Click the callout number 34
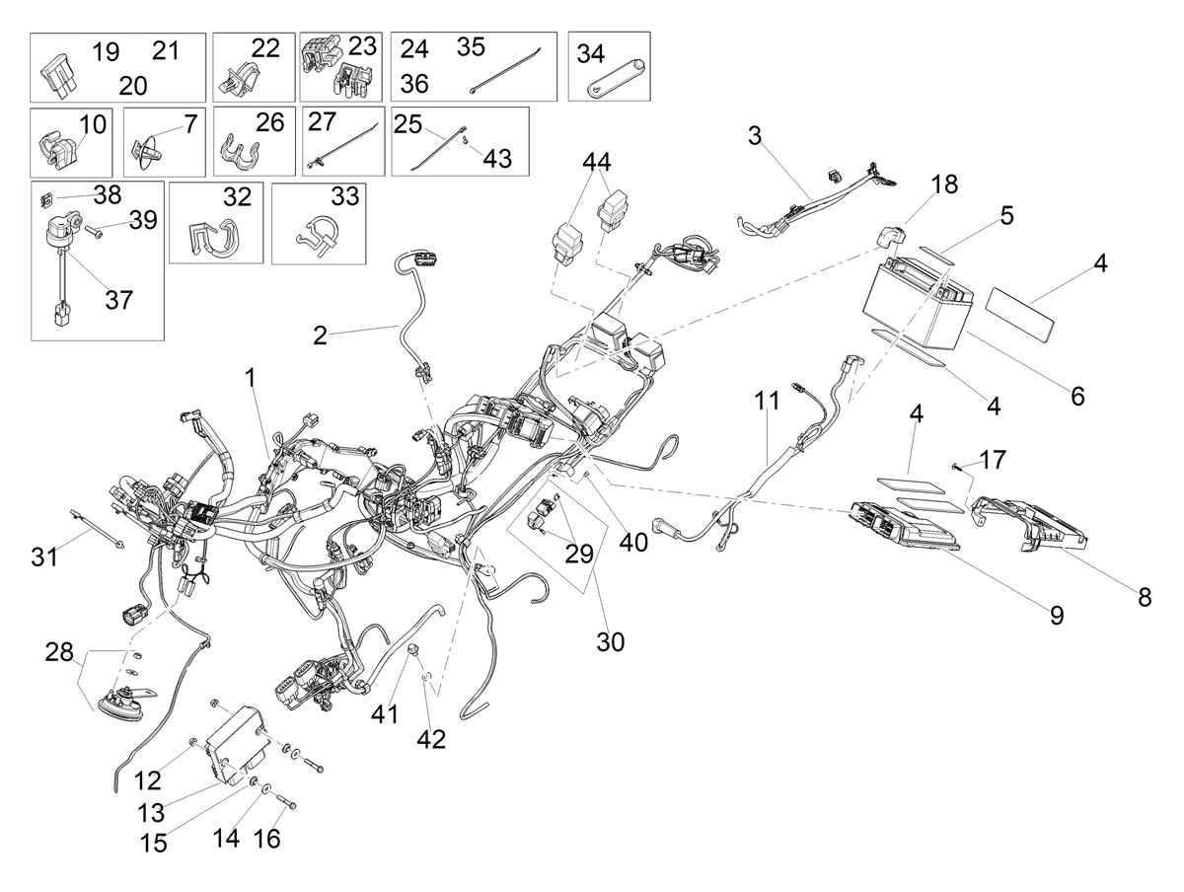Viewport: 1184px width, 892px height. (x=591, y=53)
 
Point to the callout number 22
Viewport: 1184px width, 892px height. (x=265, y=48)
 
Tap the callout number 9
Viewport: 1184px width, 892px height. (x=1057, y=616)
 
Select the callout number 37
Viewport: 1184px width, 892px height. (x=118, y=300)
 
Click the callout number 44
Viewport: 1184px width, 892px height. (x=597, y=162)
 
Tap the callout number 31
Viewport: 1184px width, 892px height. (x=44, y=557)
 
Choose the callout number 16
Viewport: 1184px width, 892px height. (x=267, y=839)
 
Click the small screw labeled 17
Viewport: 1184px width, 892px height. (x=957, y=466)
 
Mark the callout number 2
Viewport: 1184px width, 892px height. (x=320, y=336)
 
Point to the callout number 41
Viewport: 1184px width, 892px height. (x=385, y=714)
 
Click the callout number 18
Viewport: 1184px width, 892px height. (x=944, y=185)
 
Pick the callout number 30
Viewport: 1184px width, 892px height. (x=611, y=642)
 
